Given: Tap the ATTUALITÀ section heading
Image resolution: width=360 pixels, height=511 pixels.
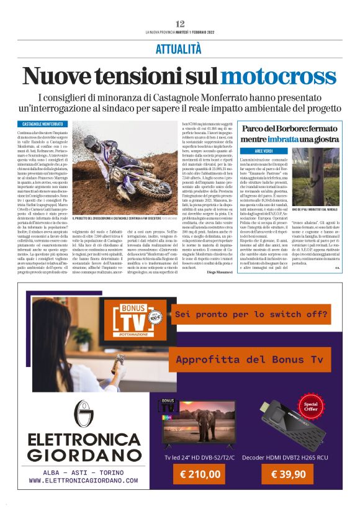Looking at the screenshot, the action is point(179,48).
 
